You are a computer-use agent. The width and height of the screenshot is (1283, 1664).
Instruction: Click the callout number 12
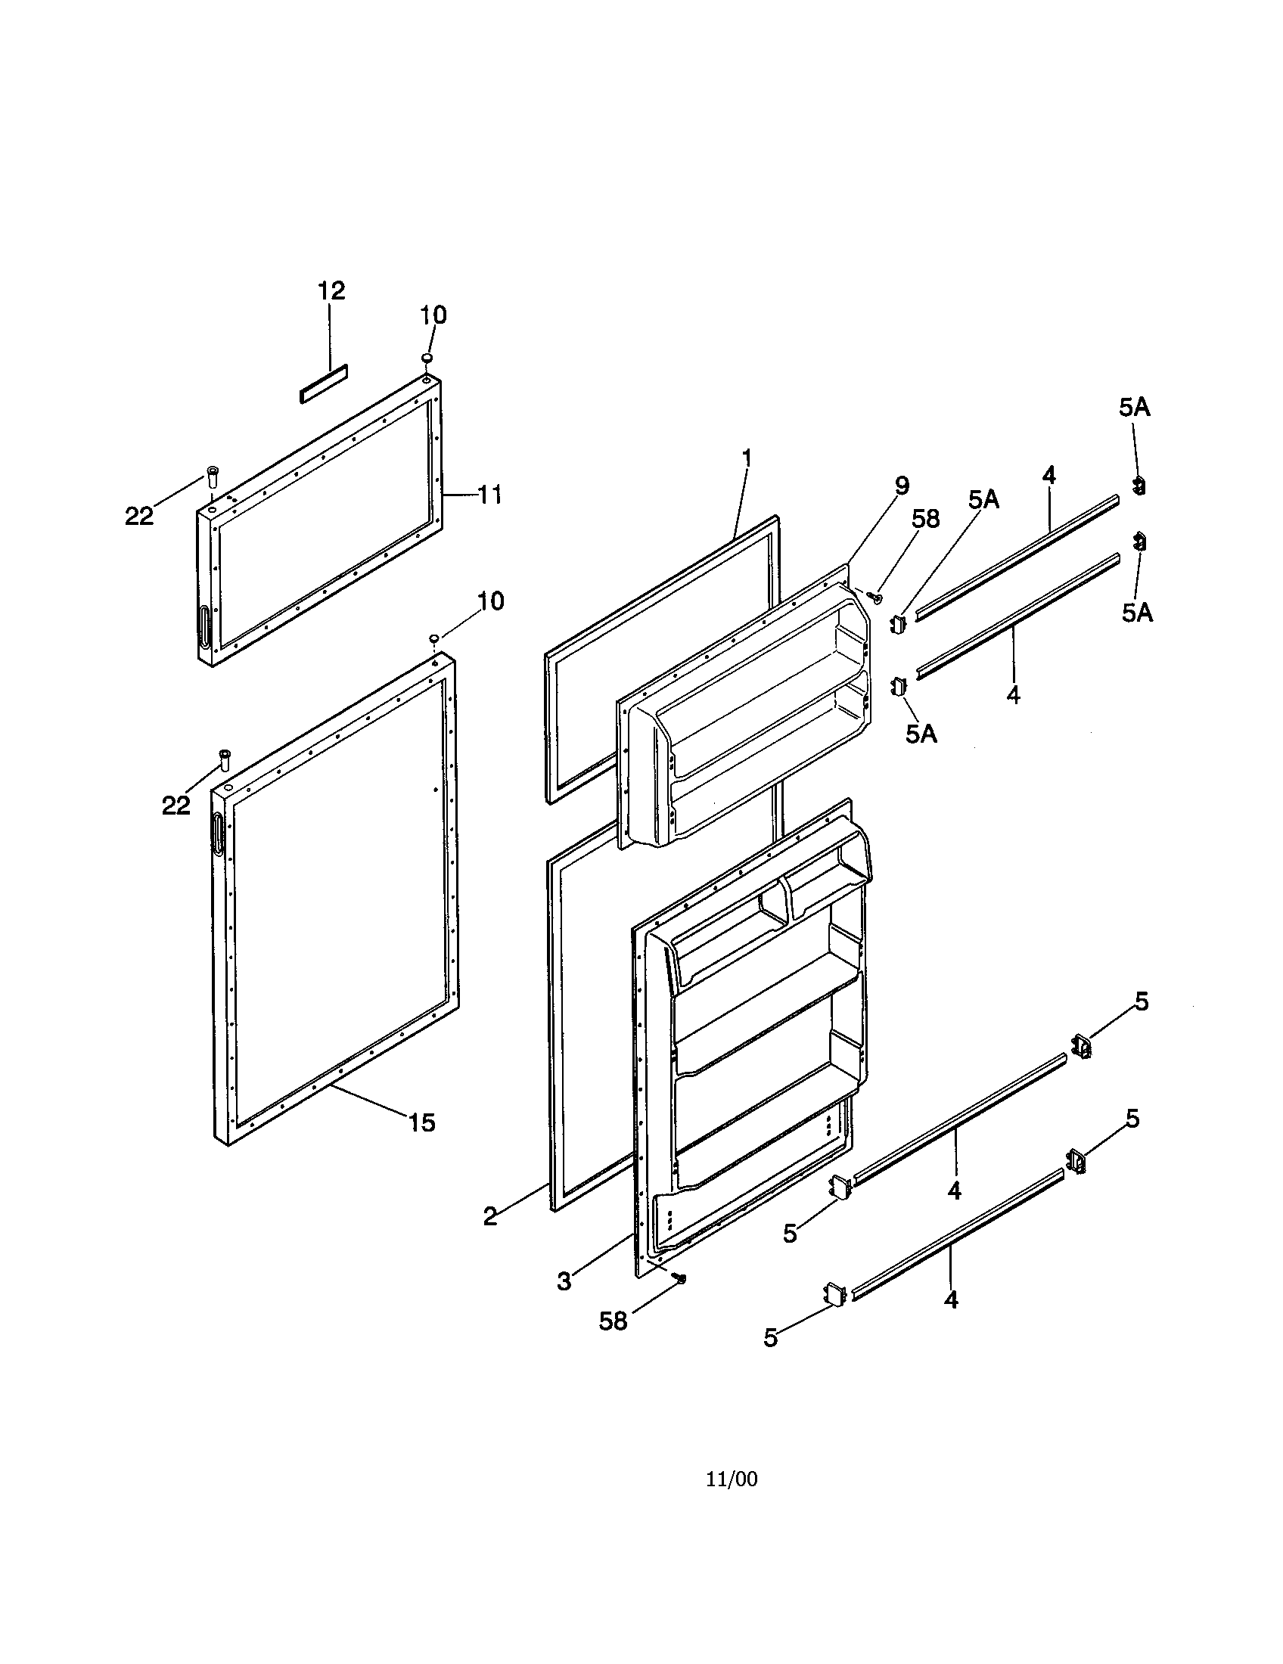click(x=331, y=291)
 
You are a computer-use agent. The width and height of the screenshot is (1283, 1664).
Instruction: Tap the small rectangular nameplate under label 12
click(x=323, y=383)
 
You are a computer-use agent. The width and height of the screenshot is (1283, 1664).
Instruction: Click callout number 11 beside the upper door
click(x=489, y=495)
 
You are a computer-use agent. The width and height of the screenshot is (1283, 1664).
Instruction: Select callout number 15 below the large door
click(x=421, y=1122)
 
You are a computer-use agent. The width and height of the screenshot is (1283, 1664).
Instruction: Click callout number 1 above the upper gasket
click(x=747, y=458)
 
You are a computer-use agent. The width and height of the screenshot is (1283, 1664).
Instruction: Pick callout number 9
click(x=902, y=486)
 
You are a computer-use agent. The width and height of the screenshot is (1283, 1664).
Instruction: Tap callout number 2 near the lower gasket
click(x=490, y=1216)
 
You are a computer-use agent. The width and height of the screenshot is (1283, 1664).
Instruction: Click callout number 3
click(x=564, y=1281)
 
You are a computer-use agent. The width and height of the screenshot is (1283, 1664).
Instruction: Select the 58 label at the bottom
click(x=613, y=1321)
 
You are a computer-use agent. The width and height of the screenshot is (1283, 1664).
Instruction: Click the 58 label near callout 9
click(x=926, y=519)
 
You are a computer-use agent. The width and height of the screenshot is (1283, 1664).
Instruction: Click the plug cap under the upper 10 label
click(x=427, y=357)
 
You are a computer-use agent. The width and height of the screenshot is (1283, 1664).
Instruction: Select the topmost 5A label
click(x=1135, y=408)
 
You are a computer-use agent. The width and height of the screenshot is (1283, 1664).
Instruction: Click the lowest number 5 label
click(x=771, y=1338)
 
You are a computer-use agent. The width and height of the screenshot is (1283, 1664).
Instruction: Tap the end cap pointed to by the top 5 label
click(x=1082, y=1046)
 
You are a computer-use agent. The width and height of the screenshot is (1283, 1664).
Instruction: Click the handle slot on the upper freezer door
click(x=204, y=626)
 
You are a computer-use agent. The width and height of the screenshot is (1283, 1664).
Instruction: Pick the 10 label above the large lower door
click(x=490, y=601)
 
